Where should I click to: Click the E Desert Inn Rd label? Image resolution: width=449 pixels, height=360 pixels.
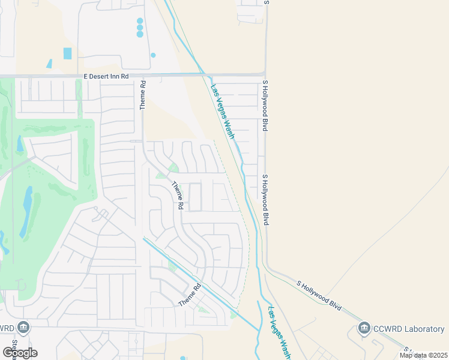[106, 76]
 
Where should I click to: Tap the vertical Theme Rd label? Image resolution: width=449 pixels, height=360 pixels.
[143, 95]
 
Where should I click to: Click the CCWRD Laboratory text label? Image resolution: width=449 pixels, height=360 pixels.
[409, 328]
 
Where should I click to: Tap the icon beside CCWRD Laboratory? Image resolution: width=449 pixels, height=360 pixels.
[364, 328]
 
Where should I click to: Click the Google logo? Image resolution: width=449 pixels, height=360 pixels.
[19, 353]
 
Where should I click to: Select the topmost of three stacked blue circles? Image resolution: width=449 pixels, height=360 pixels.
[140, 20]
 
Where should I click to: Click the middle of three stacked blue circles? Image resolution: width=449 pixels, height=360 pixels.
[140, 28]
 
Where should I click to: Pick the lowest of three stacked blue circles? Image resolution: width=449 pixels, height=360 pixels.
[140, 34]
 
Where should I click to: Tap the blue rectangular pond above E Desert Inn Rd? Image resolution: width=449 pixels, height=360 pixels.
[67, 53]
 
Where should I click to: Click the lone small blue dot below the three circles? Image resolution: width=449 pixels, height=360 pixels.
[153, 55]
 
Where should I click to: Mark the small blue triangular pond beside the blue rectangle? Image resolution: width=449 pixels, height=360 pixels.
[49, 63]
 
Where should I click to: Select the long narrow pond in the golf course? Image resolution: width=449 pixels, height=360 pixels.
[28, 211]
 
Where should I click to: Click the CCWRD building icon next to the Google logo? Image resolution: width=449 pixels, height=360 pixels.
[23, 328]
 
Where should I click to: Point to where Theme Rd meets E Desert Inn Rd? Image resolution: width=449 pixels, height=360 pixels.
[143, 76]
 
